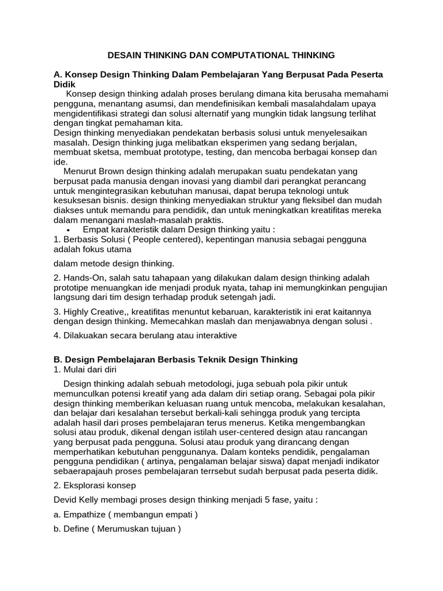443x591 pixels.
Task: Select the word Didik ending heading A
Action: tap(65, 84)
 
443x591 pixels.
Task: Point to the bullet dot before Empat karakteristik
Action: tap(77, 230)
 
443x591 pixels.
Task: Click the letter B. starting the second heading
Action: tap(57, 360)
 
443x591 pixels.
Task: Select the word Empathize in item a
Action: tap(83, 515)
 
